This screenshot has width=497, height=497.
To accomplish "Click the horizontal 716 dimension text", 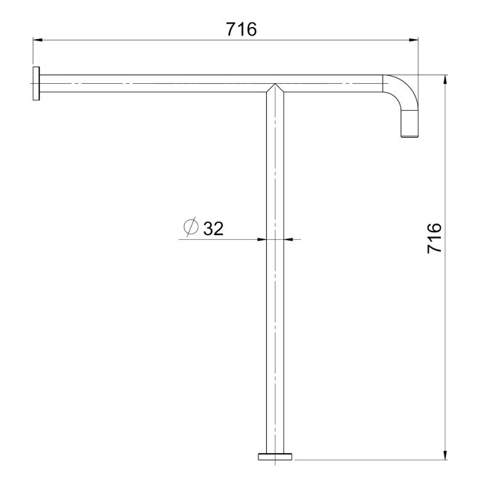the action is [x=241, y=30].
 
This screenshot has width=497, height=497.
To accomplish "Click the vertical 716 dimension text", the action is [x=435, y=238].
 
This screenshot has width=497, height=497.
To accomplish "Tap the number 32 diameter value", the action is [x=213, y=228].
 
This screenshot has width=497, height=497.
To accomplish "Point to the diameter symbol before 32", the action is [x=191, y=227].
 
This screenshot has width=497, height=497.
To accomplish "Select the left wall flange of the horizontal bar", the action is [x=36, y=83].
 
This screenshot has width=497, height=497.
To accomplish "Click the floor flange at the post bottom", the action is [x=275, y=457].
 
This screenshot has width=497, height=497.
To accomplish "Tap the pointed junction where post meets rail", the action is [x=275, y=84].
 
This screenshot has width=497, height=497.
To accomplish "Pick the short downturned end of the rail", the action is [x=410, y=124].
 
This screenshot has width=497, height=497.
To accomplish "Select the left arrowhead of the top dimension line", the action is [x=38, y=40].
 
